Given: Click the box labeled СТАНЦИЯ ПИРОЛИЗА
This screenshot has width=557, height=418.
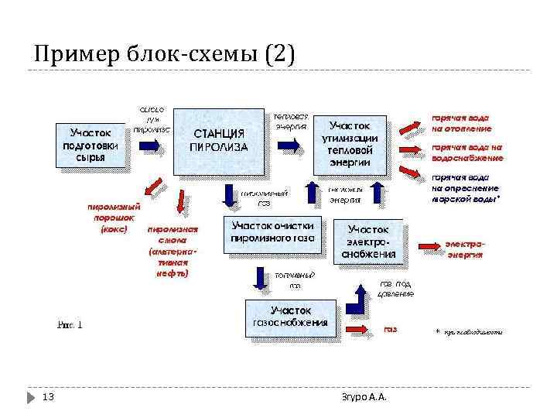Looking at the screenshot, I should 220,139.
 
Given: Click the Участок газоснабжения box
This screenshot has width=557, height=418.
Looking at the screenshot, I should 290,317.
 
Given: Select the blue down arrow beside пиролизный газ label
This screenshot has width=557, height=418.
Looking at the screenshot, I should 229,195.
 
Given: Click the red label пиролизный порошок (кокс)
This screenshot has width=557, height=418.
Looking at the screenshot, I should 113,218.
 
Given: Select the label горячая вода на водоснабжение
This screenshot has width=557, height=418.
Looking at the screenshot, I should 467,152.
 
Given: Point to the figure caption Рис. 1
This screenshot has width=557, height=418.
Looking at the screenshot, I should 70,324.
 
